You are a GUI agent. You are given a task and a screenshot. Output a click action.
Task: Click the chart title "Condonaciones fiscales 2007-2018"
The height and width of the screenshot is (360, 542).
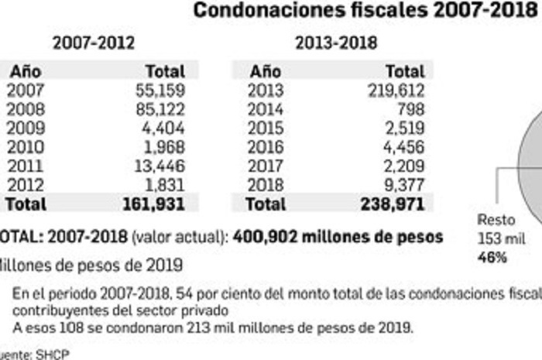coord(365,11)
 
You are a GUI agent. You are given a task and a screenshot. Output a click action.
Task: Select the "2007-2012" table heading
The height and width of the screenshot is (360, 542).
coord(93,43)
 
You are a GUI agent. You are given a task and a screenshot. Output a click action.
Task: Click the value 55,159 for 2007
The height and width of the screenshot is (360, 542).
coord(160,90)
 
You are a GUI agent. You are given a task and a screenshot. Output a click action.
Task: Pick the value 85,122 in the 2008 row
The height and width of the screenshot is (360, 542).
coord(160,108)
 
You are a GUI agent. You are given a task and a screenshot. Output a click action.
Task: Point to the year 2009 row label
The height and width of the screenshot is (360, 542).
coord(26,128)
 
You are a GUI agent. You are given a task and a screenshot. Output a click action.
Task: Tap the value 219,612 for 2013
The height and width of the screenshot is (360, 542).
coord(396,90)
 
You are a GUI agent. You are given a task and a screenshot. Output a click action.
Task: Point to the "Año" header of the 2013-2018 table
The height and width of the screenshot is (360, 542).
coord(266,71)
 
